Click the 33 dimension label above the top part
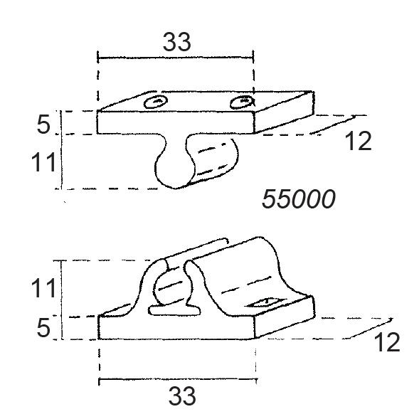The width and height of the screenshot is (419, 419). (177, 42)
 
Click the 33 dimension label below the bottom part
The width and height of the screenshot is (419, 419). (182, 396)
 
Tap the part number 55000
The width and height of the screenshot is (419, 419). (299, 198)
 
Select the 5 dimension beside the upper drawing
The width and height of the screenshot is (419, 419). (43, 124)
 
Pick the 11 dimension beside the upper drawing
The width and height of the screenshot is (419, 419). (43, 162)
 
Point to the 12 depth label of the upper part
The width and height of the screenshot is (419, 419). (359, 141)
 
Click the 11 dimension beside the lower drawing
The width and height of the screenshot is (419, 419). (43, 288)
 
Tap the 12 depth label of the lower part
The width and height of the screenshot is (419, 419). (387, 342)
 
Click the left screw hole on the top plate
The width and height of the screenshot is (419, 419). (156, 102)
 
